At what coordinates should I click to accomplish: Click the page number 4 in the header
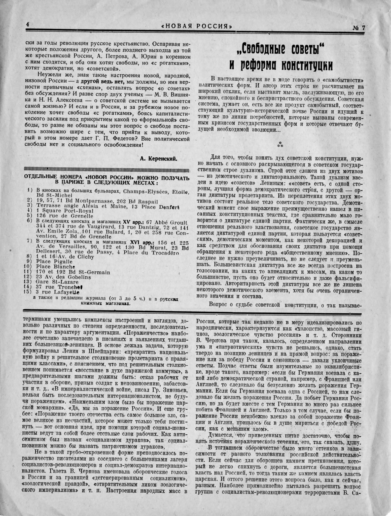pyautogui.click(x=27, y=25)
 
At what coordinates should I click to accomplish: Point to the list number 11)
pyautogui.click(x=30, y=272)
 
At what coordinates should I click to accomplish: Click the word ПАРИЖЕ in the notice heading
pyautogui.click(x=74, y=182)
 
